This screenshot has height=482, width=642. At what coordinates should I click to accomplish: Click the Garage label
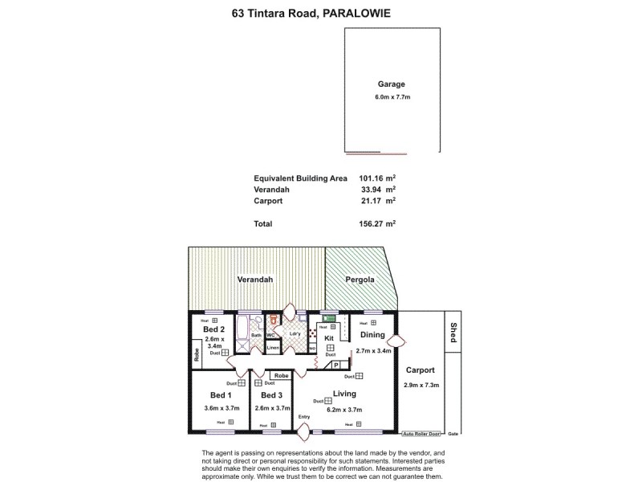click(x=392, y=84)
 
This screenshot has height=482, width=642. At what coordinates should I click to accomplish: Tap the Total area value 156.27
click(x=374, y=224)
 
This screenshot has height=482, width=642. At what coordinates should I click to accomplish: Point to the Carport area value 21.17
click(x=377, y=201)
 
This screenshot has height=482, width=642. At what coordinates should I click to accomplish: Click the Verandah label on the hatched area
click(x=255, y=280)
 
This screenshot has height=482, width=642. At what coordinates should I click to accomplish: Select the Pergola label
click(x=360, y=280)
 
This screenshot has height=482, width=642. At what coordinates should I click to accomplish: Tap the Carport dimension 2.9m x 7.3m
click(x=420, y=386)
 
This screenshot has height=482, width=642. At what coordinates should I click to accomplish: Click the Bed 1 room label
click(x=221, y=395)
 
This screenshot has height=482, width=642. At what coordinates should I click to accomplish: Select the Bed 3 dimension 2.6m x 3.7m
click(x=272, y=408)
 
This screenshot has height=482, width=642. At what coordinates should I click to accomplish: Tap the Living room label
click(x=344, y=394)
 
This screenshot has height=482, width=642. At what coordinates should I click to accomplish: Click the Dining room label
click(x=372, y=335)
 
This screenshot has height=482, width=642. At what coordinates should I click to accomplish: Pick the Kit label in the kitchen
click(x=329, y=338)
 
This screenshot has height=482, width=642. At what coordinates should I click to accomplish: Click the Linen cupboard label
click(x=273, y=348)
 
